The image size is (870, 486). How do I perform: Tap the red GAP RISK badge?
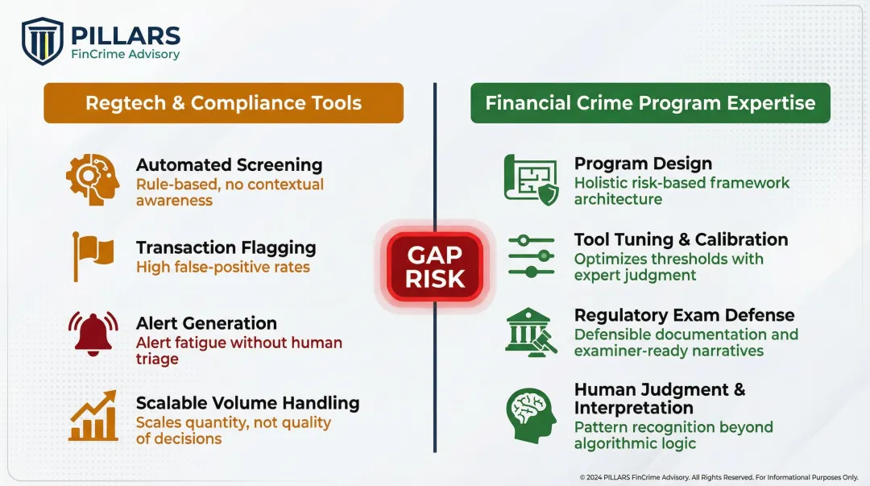435,267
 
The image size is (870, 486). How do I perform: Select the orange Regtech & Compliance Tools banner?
223,103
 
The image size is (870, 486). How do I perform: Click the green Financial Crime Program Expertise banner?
650,103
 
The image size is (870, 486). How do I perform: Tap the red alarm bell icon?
93,333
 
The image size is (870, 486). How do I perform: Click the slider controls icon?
531,256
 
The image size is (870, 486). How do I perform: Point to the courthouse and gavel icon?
530,330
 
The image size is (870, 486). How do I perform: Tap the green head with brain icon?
531,413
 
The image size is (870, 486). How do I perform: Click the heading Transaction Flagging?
226,247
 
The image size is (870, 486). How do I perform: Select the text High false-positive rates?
222,267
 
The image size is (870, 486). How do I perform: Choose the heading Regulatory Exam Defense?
684,315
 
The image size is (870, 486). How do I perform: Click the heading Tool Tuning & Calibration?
681,239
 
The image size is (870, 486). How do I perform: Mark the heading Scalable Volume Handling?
247,403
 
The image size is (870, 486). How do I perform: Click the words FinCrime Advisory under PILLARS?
125,55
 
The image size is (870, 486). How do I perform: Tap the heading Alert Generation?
206,323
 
